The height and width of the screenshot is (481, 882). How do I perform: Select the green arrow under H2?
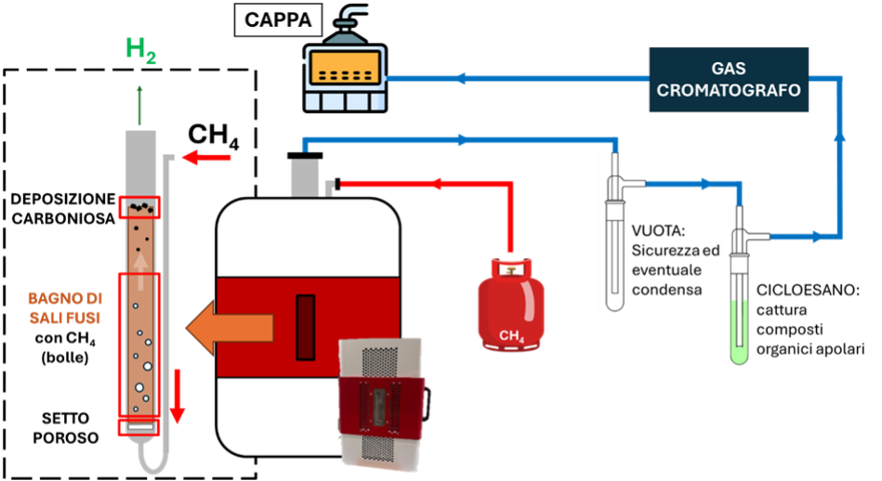point(140,104)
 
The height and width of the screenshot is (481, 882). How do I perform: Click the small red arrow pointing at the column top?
point(205,158)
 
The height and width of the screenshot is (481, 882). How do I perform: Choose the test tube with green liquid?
point(741,297)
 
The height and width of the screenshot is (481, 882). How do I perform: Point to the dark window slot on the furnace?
point(305,327)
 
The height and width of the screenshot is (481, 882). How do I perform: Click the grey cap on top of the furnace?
point(305,178)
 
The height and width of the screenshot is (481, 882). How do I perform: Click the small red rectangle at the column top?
point(139,207)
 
